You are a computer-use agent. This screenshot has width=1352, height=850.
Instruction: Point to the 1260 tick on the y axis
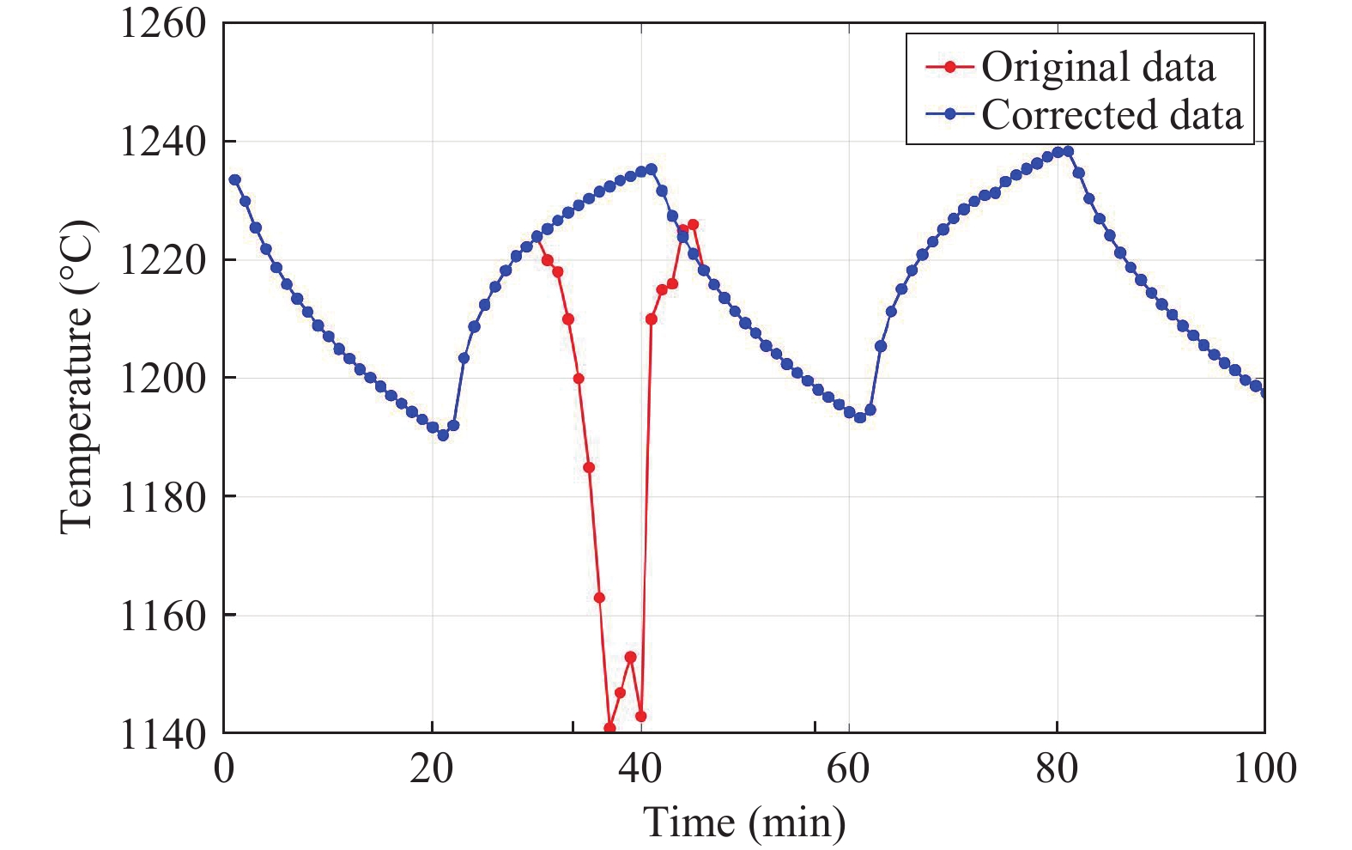163,23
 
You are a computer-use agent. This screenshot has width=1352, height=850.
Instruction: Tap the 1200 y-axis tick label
163,378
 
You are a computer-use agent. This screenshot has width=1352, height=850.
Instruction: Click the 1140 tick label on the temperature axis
163,735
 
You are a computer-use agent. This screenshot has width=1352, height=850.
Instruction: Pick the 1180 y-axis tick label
163,497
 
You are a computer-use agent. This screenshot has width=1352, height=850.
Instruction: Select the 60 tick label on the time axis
848,768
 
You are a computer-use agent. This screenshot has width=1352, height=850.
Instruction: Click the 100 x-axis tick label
1264,768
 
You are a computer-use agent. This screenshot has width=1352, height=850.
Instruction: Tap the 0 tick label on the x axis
224,768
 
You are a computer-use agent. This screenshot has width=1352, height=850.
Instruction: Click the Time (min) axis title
744,823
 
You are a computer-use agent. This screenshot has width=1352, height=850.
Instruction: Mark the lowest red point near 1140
609,728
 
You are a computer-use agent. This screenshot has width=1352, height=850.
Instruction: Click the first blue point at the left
234,179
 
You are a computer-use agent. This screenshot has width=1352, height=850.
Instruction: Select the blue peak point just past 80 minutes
1068,152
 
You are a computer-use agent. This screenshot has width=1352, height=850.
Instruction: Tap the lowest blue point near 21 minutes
443,435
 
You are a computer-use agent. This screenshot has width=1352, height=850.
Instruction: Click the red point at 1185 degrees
589,467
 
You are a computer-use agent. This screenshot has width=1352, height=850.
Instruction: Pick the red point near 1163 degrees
599,598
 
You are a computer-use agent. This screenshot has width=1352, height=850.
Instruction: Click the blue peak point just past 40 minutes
652,169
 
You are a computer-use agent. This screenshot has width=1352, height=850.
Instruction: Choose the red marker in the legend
949,67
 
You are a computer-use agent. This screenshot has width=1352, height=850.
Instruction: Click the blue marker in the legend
949,115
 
